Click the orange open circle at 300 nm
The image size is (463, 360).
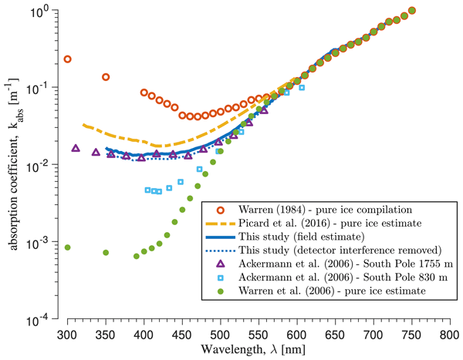click(x=68, y=59)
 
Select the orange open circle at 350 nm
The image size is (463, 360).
click(x=106, y=77)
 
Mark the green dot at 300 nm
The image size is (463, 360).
click(x=68, y=247)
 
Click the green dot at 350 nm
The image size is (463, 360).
click(x=106, y=253)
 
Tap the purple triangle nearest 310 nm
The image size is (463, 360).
click(x=76, y=148)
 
